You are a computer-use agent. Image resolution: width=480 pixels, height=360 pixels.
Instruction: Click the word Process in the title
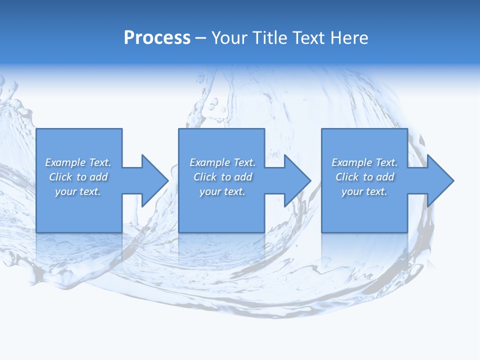[157, 37]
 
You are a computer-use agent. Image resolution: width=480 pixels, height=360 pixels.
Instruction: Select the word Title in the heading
[270, 37]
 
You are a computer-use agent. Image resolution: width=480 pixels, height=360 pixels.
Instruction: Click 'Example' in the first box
[65, 162]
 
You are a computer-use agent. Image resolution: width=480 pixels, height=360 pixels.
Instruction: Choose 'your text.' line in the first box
[78, 191]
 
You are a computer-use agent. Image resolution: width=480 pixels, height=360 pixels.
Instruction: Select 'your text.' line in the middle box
[222, 191]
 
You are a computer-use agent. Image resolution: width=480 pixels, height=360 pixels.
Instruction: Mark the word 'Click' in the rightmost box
[347, 177]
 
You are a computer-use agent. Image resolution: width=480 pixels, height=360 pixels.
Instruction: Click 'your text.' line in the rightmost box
[364, 191]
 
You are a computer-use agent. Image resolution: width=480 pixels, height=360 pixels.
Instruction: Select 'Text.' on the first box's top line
[100, 162]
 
